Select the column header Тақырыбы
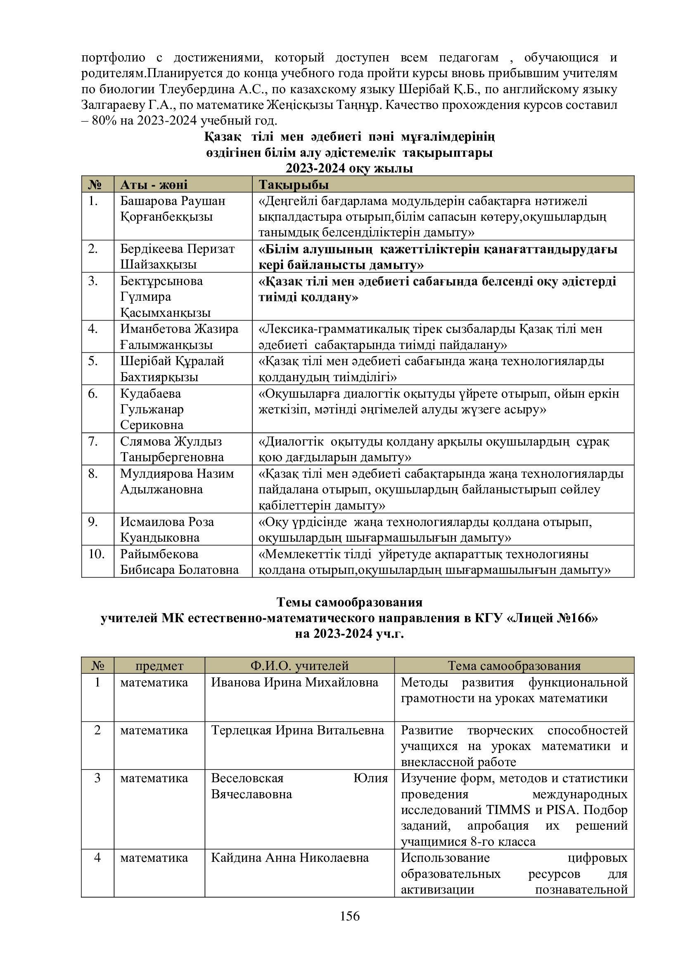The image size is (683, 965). point(294,185)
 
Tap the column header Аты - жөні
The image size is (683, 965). point(154,185)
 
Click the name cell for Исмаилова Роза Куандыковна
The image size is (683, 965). point(167,530)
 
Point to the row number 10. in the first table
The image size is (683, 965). point(96,554)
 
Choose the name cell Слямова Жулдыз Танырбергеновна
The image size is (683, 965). point(172,449)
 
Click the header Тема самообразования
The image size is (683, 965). point(514,666)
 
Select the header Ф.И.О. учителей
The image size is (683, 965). point(299,666)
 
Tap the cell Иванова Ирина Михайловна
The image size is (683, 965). point(294,682)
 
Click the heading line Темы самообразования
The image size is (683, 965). point(349,602)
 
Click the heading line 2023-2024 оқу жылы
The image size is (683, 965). point(349,169)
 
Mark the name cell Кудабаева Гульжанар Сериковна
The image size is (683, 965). point(152,409)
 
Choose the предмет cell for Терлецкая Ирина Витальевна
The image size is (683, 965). point(154,730)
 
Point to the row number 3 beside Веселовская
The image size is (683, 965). point(97,778)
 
